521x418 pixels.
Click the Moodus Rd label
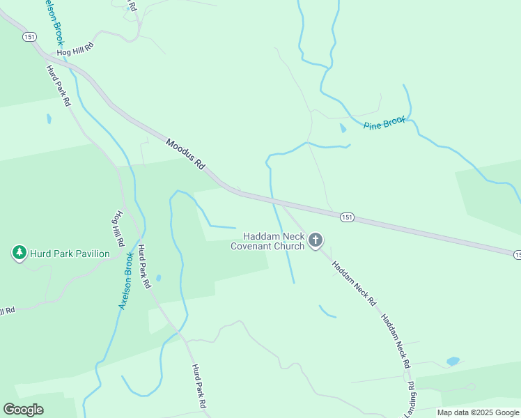185,154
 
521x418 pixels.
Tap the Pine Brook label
384,123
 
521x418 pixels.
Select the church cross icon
315,241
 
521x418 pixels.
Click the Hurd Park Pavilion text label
70,254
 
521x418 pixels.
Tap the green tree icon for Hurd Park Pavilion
19,253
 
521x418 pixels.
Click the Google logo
23,410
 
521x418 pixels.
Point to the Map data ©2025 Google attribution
478,412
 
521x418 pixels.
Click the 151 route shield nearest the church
348,218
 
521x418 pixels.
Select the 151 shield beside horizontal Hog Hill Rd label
29,37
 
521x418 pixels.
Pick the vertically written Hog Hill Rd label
118,229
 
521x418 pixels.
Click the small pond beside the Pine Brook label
343,128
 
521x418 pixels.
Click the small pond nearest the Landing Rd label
453,361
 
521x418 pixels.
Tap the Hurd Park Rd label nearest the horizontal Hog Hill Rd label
59,85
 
